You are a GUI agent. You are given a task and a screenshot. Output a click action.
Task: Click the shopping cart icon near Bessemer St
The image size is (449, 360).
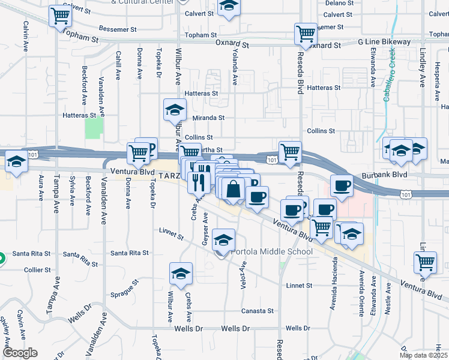click(60, 16)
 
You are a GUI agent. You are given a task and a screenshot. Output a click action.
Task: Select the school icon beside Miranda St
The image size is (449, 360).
click(175, 110)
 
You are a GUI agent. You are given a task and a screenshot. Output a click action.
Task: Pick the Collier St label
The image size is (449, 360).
click(37, 270)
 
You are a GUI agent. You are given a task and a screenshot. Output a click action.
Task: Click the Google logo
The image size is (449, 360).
click(20, 353)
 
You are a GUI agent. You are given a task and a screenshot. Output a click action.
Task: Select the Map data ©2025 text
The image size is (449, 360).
click(423, 355)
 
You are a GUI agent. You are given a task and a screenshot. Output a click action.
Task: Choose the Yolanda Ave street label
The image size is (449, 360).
click(235, 66)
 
